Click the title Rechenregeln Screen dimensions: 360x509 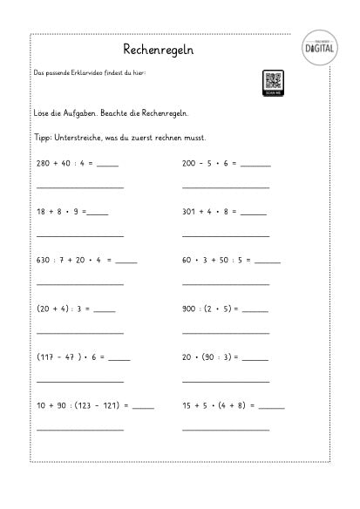point(158,51)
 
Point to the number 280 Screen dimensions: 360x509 point(44,163)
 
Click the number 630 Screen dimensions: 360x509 point(44,260)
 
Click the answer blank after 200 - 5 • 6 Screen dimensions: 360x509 point(256,164)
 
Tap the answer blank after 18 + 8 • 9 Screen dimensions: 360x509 point(98,213)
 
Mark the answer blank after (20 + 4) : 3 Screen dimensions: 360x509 point(105,309)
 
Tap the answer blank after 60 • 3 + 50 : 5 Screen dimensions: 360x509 point(268,261)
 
